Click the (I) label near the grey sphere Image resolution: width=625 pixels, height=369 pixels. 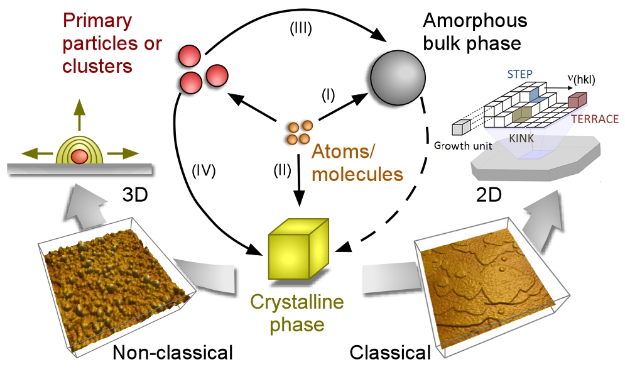(329, 95)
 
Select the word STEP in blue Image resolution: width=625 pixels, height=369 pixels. (520, 74)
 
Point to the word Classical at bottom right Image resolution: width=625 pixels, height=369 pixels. (389, 353)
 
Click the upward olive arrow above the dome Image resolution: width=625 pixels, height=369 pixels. (79, 115)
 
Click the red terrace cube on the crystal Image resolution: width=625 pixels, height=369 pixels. (577, 100)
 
